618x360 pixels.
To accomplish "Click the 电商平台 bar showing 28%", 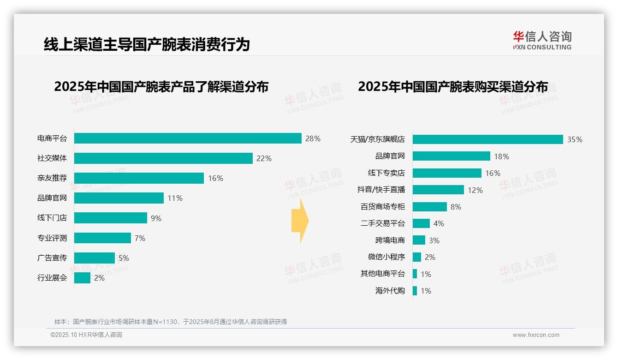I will (x=188, y=138).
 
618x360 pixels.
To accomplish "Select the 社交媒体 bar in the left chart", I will (x=163, y=158).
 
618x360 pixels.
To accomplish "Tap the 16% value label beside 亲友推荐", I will (x=215, y=178).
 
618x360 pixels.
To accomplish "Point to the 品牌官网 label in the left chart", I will (x=52, y=198).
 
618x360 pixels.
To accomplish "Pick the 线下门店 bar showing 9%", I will (x=111, y=218).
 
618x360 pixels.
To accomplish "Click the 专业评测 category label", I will (x=52, y=238).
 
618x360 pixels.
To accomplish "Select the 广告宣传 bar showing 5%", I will (x=95, y=258).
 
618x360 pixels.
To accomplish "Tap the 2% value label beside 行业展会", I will (x=99, y=278).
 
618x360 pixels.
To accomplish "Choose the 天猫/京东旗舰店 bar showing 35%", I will (x=488, y=139).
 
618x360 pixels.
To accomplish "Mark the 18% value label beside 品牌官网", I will (x=501, y=156).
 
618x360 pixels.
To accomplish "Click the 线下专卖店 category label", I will (x=386, y=173).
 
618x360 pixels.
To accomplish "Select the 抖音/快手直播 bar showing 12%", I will (x=438, y=190).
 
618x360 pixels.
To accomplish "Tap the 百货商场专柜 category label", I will (x=382, y=207).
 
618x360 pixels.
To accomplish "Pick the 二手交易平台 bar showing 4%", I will (x=421, y=223).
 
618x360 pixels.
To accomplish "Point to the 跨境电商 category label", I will (x=390, y=240).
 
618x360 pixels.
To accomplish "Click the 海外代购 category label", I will (x=390, y=291).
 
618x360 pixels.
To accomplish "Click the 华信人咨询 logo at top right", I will (x=542, y=40).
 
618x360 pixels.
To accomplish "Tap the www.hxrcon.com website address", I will (x=536, y=335).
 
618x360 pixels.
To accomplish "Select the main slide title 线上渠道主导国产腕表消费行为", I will (x=147, y=44).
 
